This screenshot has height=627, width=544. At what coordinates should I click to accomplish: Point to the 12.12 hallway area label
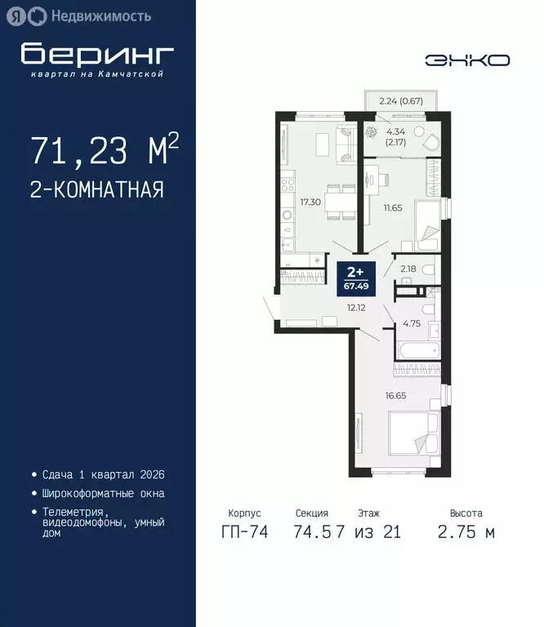point(355,309)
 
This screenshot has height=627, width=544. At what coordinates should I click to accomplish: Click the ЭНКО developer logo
point(467,60)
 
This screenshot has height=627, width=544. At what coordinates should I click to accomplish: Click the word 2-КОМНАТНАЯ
point(96,190)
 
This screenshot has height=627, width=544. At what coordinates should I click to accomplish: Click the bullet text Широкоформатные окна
point(103,493)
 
